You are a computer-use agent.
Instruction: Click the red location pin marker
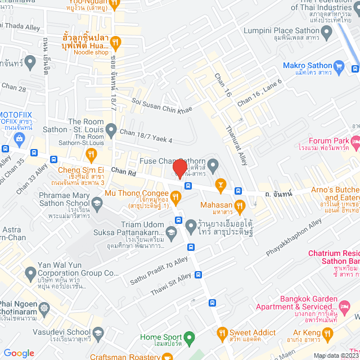tap(179, 169)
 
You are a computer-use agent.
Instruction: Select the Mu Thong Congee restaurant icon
tap(175, 196)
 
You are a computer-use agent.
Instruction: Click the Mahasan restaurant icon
tap(239, 206)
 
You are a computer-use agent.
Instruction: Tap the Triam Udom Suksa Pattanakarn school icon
tap(173, 231)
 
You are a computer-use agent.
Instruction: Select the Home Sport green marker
tap(190, 337)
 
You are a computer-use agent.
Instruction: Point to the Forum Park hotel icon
tap(354, 141)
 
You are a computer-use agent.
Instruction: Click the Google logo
tap(19, 353)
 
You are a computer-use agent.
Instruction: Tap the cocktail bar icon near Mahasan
tap(220, 184)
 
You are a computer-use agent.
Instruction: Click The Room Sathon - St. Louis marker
tap(110, 131)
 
